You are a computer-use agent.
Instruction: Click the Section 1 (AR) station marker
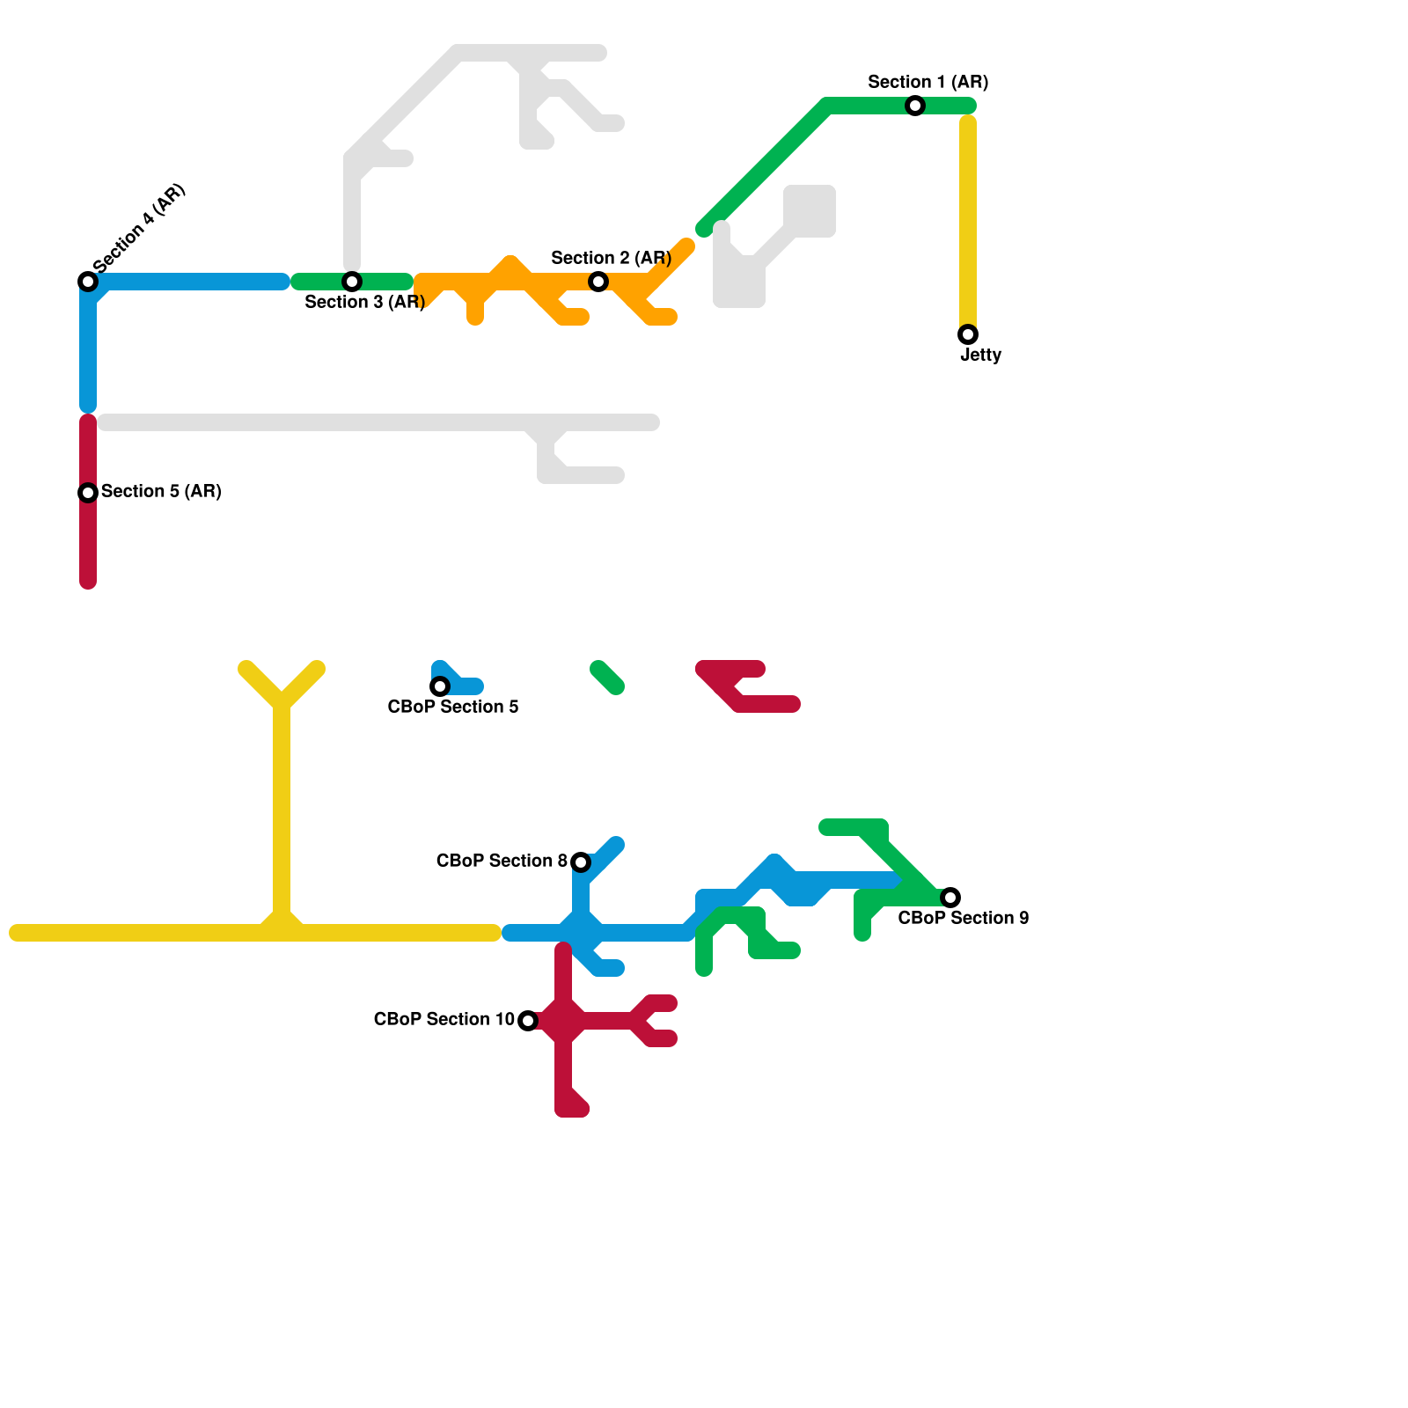point(915,106)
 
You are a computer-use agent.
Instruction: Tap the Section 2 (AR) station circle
point(598,282)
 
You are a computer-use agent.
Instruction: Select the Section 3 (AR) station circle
point(352,282)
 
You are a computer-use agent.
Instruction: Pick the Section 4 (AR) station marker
point(88,282)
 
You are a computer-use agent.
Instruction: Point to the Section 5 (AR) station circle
point(88,493)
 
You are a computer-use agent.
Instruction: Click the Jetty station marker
point(968,334)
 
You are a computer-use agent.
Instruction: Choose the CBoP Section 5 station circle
point(440,686)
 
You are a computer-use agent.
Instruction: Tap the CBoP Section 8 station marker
point(581,862)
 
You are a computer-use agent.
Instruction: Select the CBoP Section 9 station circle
point(950,898)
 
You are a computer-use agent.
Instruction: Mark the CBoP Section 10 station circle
point(528,1021)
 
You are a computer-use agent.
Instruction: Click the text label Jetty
point(980,356)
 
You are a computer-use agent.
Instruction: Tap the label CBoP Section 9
point(963,919)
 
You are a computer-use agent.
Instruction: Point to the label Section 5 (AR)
point(161,492)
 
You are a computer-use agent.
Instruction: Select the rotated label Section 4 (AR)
point(139,228)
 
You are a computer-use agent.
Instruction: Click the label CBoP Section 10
point(444,1020)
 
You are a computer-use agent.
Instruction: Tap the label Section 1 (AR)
point(928,83)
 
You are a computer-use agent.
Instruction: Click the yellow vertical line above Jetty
point(968,220)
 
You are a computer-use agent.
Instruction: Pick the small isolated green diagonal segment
point(607,678)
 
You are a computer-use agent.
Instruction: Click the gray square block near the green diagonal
point(810,211)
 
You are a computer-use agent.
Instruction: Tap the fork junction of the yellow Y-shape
point(282,704)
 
